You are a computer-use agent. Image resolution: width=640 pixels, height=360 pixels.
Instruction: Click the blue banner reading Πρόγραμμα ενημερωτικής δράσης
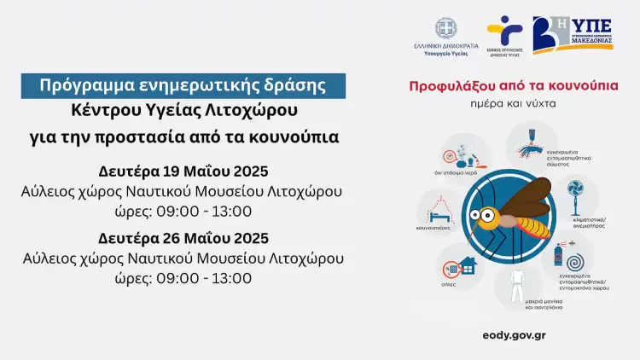(184, 85)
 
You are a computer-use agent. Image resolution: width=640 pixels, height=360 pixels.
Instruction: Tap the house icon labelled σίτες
(465, 266)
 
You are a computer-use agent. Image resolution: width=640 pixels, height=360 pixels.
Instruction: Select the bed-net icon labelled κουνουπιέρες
(438, 211)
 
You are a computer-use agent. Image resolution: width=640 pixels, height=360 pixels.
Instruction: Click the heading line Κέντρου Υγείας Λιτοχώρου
(184, 111)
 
